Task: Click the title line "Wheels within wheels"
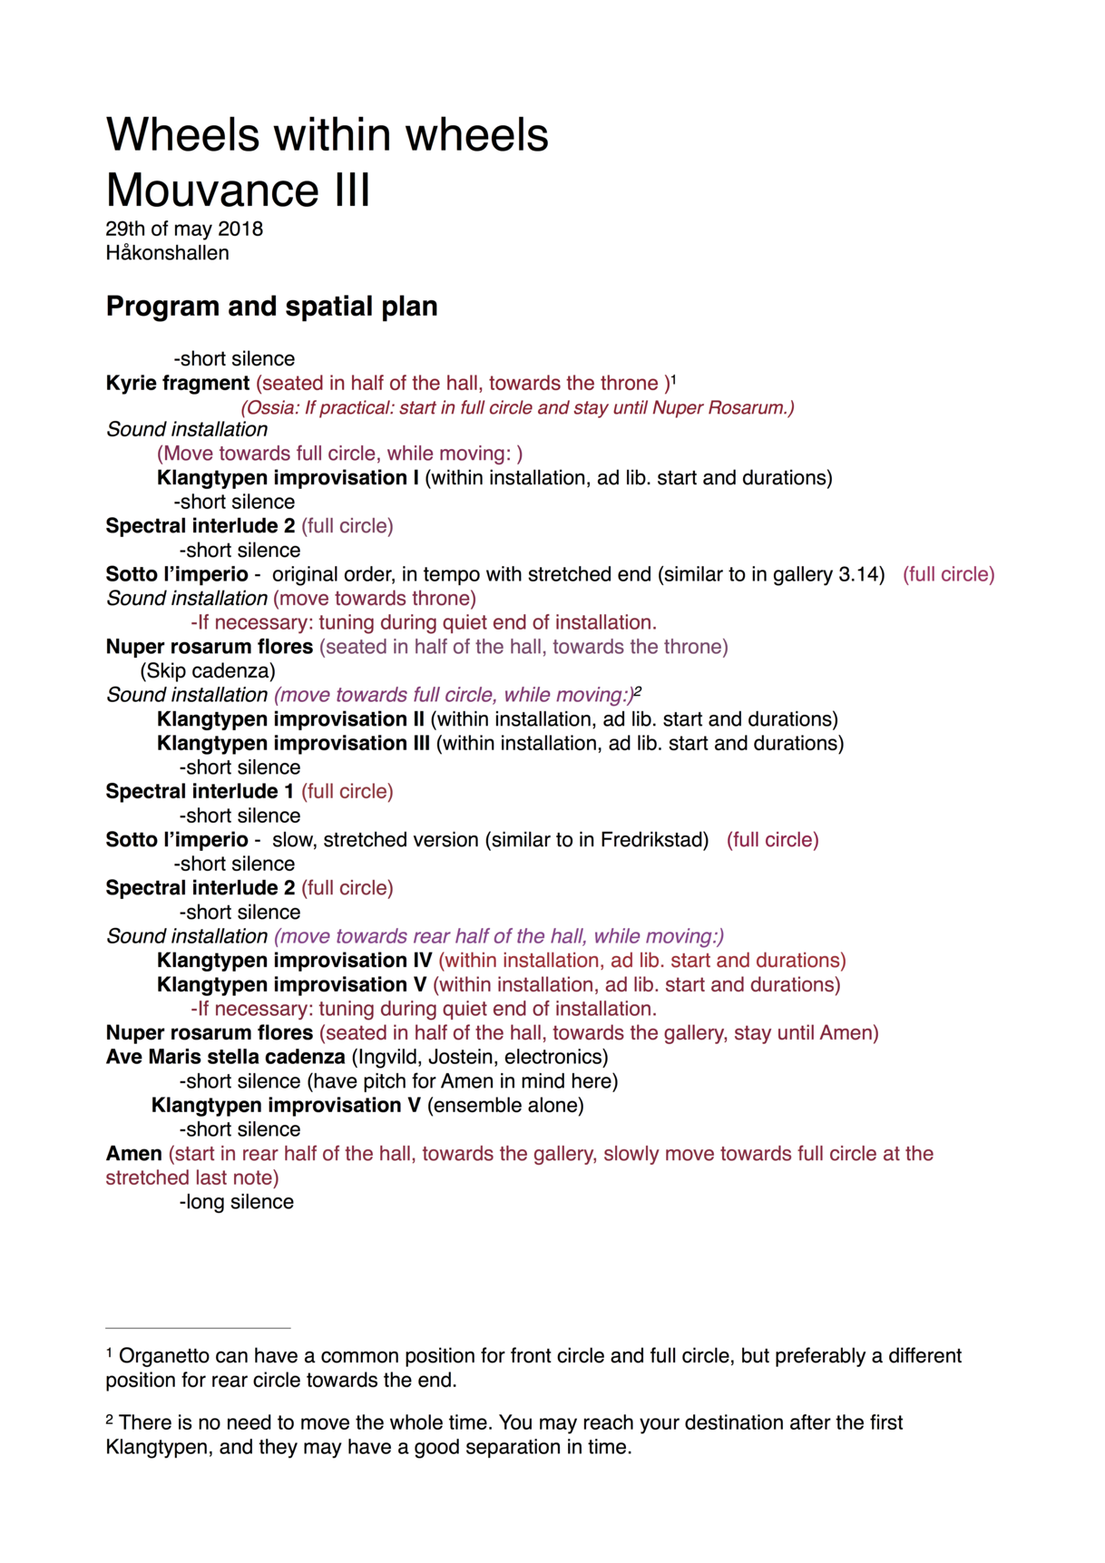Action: tap(327, 135)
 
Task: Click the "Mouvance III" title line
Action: tap(238, 190)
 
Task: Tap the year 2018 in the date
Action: tap(240, 229)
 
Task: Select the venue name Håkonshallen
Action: tap(167, 253)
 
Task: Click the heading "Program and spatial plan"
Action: tap(271, 307)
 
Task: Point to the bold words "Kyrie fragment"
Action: tap(178, 383)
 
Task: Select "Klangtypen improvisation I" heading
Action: tap(288, 477)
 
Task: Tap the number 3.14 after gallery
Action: tap(864, 574)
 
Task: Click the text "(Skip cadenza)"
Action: tap(208, 670)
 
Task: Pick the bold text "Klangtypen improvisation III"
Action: tap(294, 743)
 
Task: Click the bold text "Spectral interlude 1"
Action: tap(200, 791)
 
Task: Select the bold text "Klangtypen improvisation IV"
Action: tap(294, 960)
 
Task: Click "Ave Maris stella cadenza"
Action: tap(225, 1057)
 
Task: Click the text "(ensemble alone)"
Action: tap(505, 1105)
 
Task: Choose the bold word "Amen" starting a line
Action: tap(133, 1154)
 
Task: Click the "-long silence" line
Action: tap(236, 1202)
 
